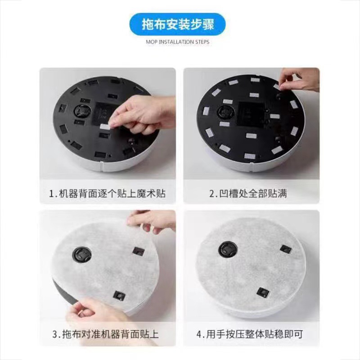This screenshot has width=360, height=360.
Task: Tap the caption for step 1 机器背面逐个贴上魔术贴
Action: pos(107,194)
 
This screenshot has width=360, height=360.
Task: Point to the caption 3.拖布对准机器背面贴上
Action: pos(107,335)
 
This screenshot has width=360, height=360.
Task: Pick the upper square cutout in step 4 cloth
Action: pos(285,249)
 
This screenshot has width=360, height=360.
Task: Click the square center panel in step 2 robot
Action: pos(250,108)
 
